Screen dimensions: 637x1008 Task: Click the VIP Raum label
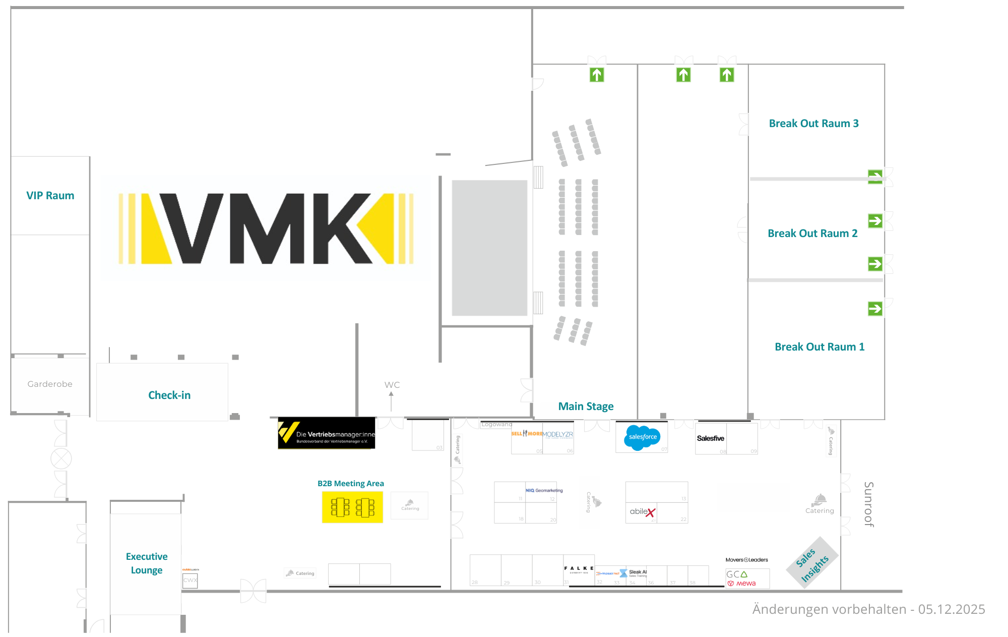50,196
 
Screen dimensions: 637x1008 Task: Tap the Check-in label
169,395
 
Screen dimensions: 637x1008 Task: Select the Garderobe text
50,384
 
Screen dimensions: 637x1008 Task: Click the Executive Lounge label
147,563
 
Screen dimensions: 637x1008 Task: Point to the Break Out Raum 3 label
813,124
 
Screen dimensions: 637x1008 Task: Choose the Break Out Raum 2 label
812,234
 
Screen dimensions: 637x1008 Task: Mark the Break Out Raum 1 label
820,347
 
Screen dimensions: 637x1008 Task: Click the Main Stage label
586,407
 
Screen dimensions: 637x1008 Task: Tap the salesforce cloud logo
642,437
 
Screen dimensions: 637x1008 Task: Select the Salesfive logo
710,438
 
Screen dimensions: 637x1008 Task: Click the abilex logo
642,512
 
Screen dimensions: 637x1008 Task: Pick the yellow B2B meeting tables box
352,507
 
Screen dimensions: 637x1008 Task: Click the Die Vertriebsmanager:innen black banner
327,433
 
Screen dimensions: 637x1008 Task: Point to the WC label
392,385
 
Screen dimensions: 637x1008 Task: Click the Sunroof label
868,504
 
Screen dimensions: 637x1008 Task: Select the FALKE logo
579,569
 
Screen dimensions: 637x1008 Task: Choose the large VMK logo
266,228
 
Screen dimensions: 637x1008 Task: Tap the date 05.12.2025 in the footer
951,609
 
